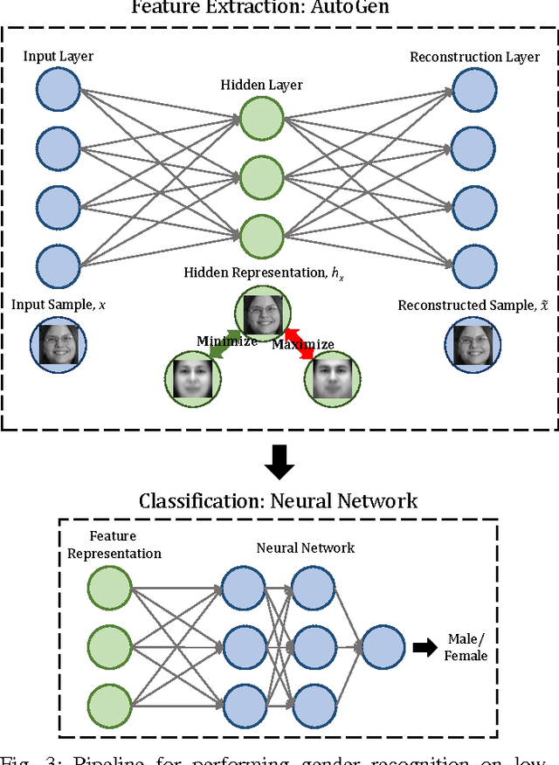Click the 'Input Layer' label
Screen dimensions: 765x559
tap(59, 57)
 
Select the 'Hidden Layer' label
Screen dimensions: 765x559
tap(261, 85)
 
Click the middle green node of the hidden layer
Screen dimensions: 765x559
tap(261, 177)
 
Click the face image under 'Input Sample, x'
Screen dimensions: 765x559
tap(58, 340)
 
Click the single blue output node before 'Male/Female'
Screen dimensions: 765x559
tap(382, 649)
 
